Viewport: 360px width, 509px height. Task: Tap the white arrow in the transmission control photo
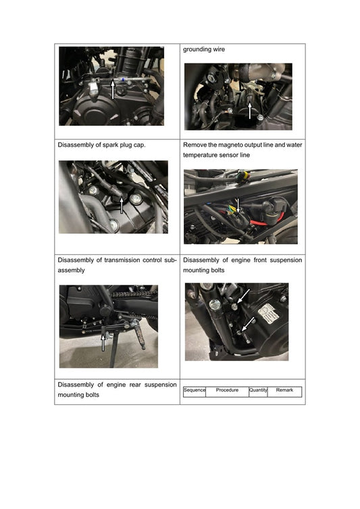[103, 340]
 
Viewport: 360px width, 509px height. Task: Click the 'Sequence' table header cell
[194, 390]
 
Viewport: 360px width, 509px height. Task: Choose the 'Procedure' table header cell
[227, 390]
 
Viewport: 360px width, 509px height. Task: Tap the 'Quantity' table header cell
[258, 390]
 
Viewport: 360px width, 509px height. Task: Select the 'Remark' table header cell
[284, 390]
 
